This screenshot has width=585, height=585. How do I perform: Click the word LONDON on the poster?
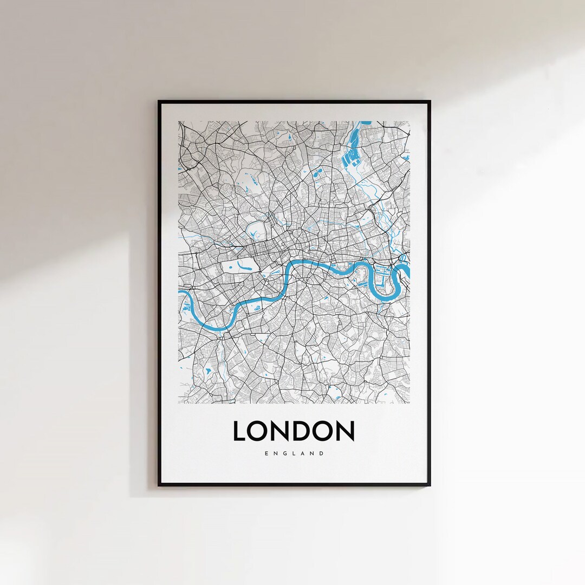tap(293, 431)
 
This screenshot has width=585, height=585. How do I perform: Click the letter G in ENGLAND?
tap(283, 454)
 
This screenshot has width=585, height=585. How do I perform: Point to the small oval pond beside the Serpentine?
tap(226, 266)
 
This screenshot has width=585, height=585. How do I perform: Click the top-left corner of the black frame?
tap(159, 101)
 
